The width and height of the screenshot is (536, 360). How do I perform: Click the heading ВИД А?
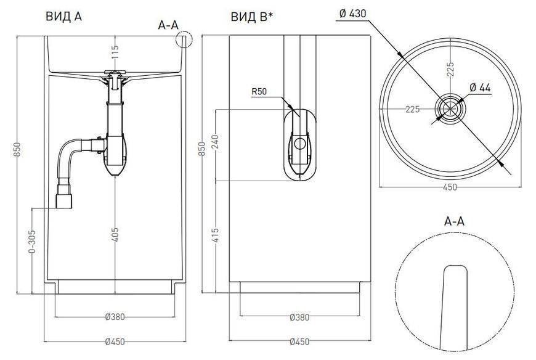tap(63, 17)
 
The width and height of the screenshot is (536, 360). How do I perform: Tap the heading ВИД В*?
tap(252, 17)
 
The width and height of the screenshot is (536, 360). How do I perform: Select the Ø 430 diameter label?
tap(352, 14)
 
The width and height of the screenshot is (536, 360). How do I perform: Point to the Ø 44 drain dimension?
tap(480, 88)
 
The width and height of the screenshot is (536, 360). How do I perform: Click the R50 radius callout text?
tap(259, 91)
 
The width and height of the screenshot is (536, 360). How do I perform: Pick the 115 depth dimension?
tap(115, 52)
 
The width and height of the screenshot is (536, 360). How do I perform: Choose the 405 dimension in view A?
tap(115, 234)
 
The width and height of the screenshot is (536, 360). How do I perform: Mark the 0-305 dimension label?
tap(31, 242)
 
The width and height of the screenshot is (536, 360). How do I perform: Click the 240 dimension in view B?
tap(216, 142)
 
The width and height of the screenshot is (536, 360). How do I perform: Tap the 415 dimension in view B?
tap(216, 235)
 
